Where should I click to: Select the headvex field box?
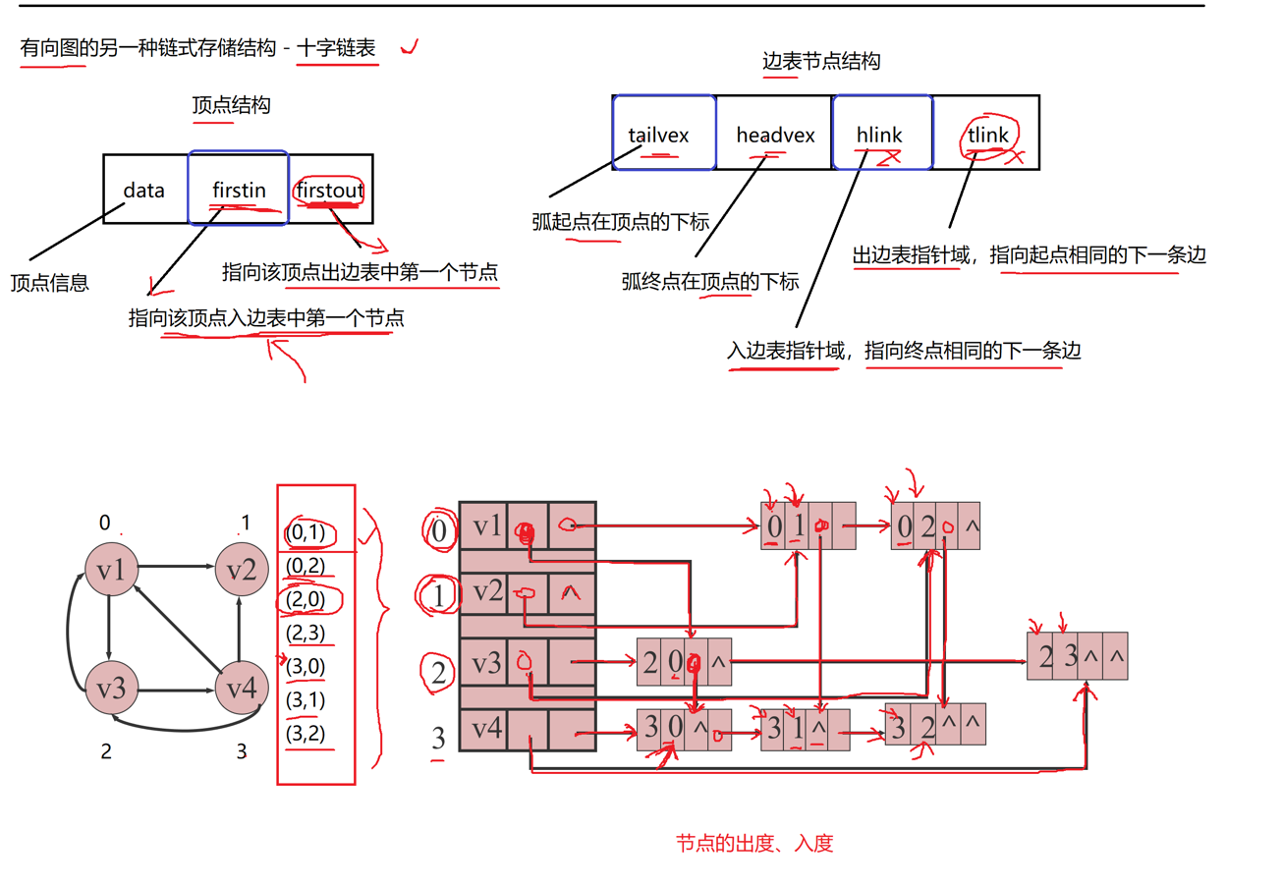coord(775,135)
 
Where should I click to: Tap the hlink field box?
coord(880,135)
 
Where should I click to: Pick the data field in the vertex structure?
coord(144,190)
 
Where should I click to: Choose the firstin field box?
coord(239,190)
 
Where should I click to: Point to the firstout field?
coord(328,190)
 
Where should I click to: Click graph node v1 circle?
coord(110,569)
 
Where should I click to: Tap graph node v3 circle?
coord(110,688)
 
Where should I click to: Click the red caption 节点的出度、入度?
coord(754,843)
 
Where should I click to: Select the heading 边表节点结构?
coord(821,61)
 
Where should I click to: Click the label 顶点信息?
coord(50,284)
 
